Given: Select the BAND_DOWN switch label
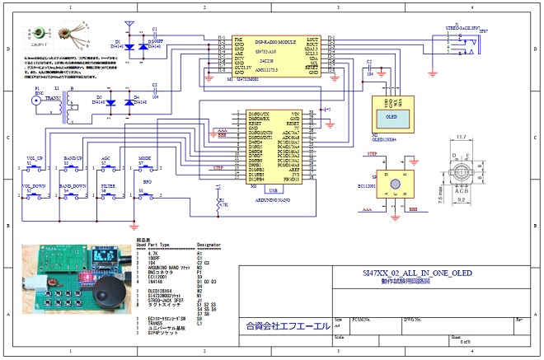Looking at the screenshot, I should click(x=73, y=186).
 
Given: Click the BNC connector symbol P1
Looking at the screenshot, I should click(x=36, y=102).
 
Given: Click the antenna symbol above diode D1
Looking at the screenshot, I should click(x=129, y=27).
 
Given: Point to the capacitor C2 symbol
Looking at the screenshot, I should click(x=368, y=68).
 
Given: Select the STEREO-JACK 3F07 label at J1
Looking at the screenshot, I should click(x=467, y=30).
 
